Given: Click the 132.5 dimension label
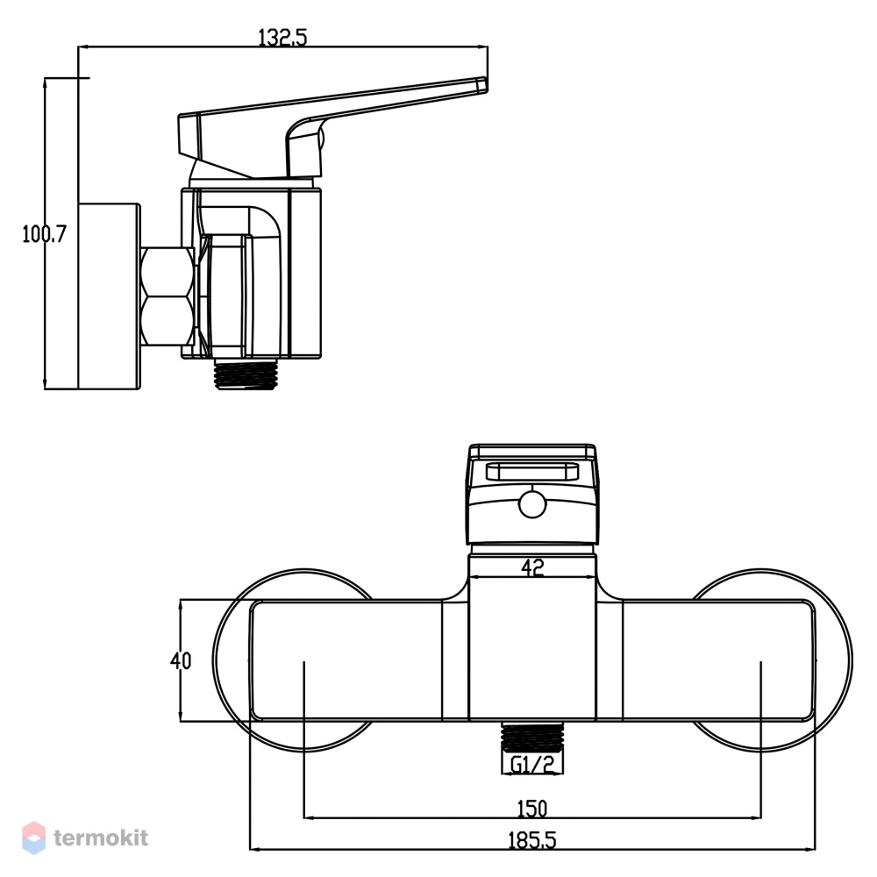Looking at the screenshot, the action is pos(282,37).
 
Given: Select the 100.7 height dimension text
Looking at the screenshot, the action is pos(44,234).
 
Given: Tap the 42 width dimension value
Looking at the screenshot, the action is pos(532,567).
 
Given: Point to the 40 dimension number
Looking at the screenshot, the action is pos(181,660).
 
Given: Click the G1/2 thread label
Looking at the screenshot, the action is pos(532,764).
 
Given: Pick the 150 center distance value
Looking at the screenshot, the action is pos(532,809).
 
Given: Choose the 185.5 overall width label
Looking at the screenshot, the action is pos(532,841).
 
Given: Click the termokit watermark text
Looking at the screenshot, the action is pos(101,838).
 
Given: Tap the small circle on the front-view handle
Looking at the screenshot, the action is pos(532,505).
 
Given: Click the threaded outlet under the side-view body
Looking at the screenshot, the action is pos(246,374).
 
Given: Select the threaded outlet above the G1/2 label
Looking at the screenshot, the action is pos(532,737).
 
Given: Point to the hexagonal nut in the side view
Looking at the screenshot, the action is pos(168,296).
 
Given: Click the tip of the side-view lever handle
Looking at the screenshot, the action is pos(486,84).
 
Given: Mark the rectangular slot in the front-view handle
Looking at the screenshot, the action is pos(532,472).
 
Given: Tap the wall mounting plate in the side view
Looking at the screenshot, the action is pos(109,296).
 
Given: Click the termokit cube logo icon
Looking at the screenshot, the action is pos(33,838).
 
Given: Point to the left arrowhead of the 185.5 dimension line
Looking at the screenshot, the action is pos(254,850).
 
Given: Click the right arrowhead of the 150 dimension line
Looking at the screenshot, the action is pos(755,818).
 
